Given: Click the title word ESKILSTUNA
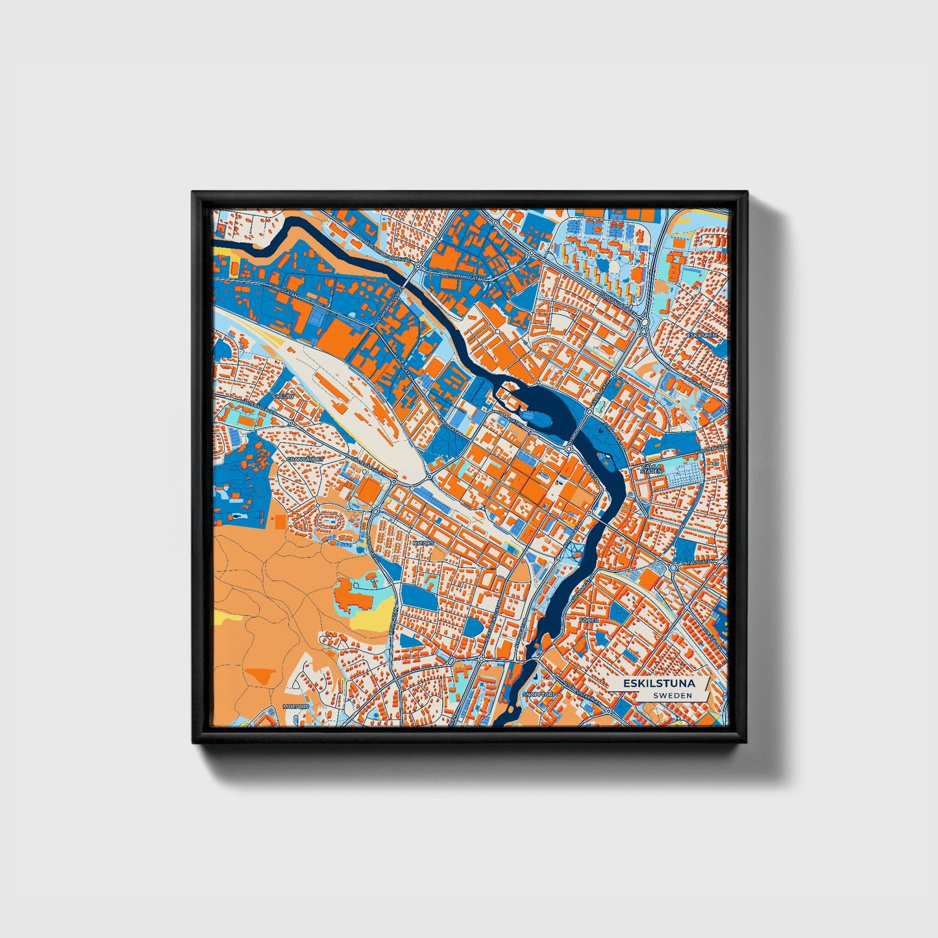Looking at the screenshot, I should (659, 684).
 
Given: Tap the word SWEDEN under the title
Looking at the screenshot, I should (673, 695).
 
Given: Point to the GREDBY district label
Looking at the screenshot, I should (284, 395).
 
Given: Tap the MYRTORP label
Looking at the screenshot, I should (293, 706).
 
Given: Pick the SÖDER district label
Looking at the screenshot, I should (589, 621).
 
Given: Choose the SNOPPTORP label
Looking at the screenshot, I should (539, 695).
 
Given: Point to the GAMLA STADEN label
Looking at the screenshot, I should (651, 469).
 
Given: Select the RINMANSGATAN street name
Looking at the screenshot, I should (466, 277).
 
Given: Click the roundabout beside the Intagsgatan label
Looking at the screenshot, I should (673, 568).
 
